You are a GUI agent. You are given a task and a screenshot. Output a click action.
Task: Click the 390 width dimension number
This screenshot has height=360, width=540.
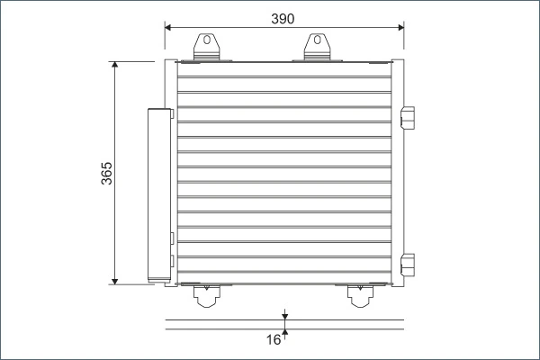coord(283,16)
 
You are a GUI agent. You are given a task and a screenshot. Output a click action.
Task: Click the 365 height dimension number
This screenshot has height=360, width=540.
coord(107,173)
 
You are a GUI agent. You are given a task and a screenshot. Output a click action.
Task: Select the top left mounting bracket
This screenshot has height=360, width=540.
coord(206,49)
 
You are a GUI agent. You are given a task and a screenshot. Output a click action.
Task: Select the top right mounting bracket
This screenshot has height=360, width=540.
coord(316,49)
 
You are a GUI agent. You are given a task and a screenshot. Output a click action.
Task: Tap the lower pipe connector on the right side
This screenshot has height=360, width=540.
coord(408,265)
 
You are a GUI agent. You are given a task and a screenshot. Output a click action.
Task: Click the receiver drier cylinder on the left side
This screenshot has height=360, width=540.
coord(159,193)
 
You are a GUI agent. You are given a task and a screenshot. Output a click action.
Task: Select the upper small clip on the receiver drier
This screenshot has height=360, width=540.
coord(173,238)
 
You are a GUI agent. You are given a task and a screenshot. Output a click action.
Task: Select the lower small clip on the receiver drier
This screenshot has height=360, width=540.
coord(173,262)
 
